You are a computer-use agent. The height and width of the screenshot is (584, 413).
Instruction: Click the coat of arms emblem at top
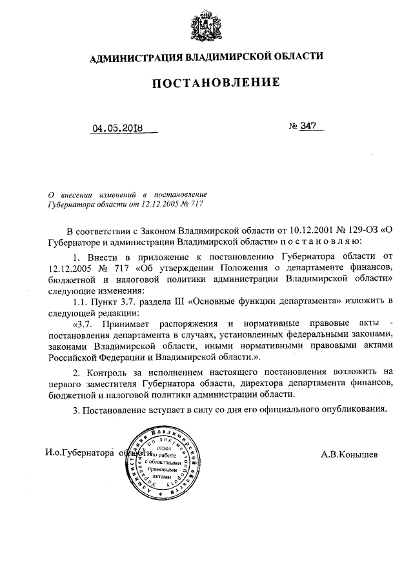206,25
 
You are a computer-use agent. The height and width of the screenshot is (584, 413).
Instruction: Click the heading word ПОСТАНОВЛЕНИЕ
206,83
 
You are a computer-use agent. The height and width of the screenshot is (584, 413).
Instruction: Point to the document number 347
308,126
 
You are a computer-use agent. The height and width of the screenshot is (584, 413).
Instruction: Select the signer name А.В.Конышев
349,454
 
